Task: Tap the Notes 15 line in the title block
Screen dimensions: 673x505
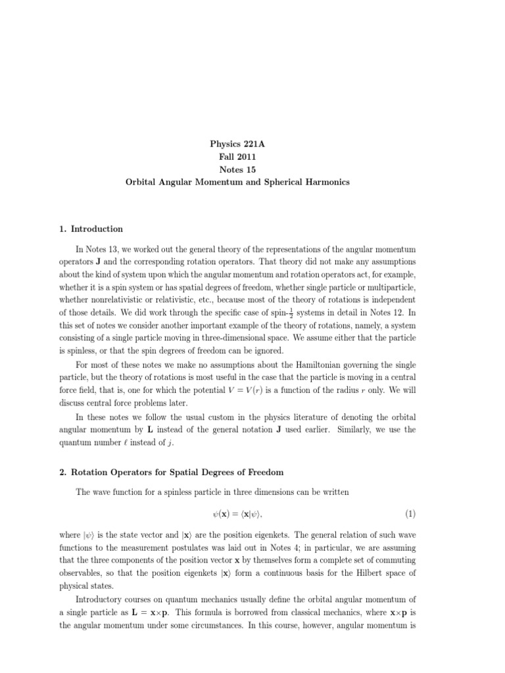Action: pyautogui.click(x=237, y=168)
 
